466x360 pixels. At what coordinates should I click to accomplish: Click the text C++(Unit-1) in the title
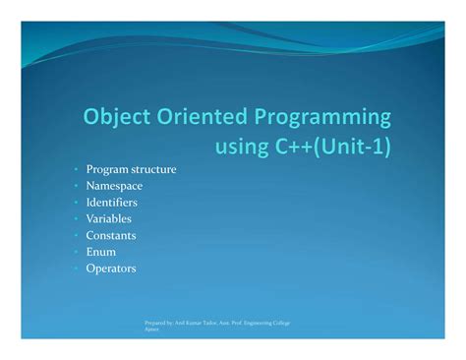(x=334, y=147)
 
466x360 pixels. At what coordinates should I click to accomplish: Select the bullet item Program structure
(x=132, y=169)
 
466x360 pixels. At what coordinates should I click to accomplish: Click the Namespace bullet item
(x=114, y=186)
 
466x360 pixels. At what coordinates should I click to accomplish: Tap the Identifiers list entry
(x=112, y=203)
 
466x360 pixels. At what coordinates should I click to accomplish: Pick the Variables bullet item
(x=109, y=218)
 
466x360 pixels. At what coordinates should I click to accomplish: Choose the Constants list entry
(x=111, y=235)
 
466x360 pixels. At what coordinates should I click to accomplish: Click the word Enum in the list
(x=101, y=252)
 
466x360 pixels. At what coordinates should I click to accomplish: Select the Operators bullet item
(x=111, y=268)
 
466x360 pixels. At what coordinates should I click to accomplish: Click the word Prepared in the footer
(x=156, y=324)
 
